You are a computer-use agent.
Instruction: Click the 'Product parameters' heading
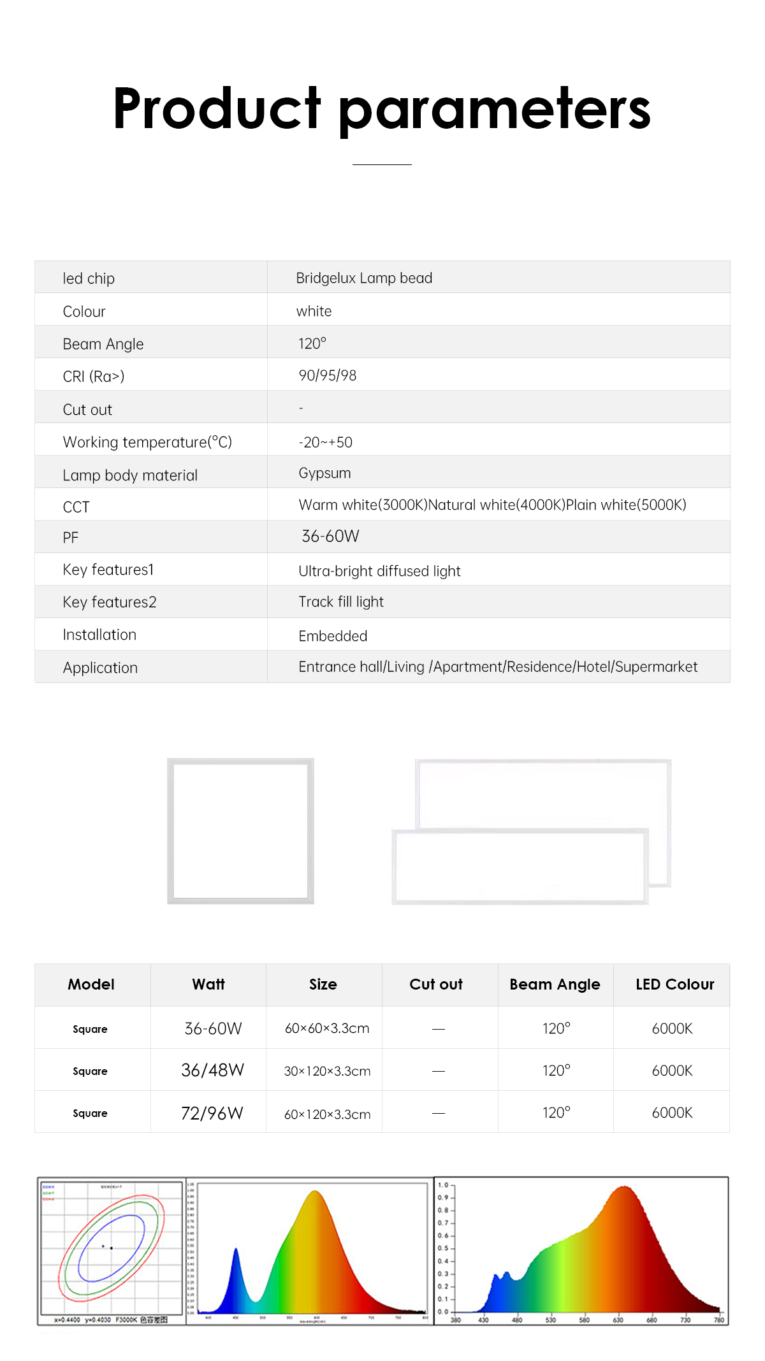(x=382, y=109)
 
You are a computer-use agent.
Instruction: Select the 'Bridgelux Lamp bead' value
(x=364, y=278)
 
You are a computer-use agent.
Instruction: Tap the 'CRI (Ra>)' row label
(x=93, y=377)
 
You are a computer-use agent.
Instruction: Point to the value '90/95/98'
(x=327, y=375)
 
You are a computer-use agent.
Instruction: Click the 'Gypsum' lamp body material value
(x=324, y=473)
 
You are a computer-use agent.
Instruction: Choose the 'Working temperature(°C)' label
(x=147, y=442)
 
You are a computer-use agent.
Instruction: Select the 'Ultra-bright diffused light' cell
(x=379, y=571)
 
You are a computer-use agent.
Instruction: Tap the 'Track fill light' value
(x=341, y=601)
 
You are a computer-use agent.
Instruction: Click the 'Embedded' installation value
(x=333, y=636)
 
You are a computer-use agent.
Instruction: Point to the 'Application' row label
(x=100, y=668)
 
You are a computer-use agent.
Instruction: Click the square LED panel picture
(x=240, y=831)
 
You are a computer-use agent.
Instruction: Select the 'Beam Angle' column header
(x=555, y=984)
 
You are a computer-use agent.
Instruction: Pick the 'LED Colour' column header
(x=674, y=984)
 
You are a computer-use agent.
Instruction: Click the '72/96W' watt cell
(x=212, y=1113)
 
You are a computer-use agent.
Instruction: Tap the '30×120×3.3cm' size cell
(x=327, y=1071)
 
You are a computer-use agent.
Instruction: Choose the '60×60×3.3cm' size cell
(x=327, y=1028)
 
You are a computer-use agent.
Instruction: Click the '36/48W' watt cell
(x=212, y=1070)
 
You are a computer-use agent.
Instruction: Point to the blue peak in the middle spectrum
(x=236, y=1253)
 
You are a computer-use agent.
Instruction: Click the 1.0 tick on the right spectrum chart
(x=443, y=1185)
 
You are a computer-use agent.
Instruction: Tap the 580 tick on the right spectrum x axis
(x=584, y=1320)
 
